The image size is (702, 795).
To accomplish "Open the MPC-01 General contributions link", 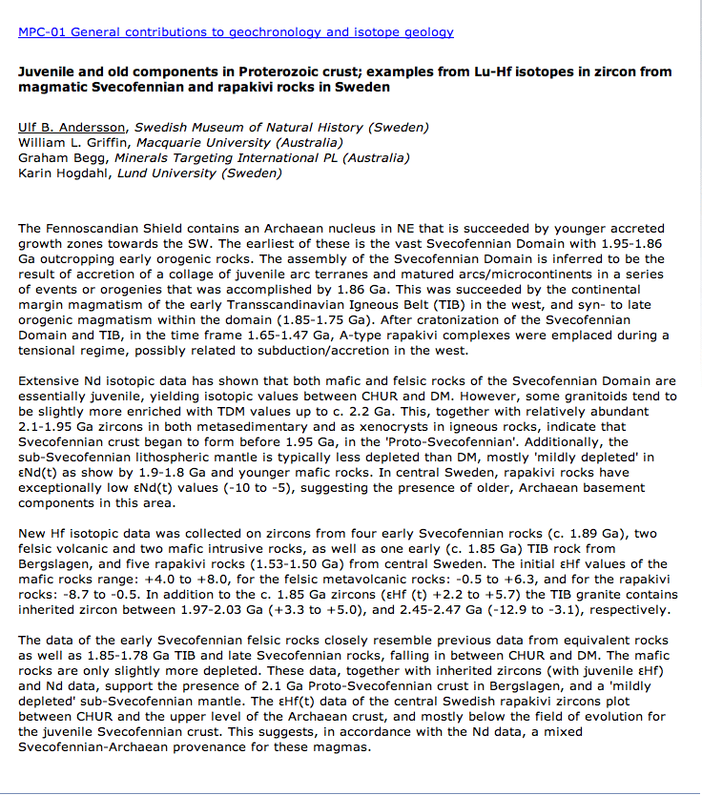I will click(236, 31).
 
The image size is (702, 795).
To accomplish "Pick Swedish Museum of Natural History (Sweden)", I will click(281, 127).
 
